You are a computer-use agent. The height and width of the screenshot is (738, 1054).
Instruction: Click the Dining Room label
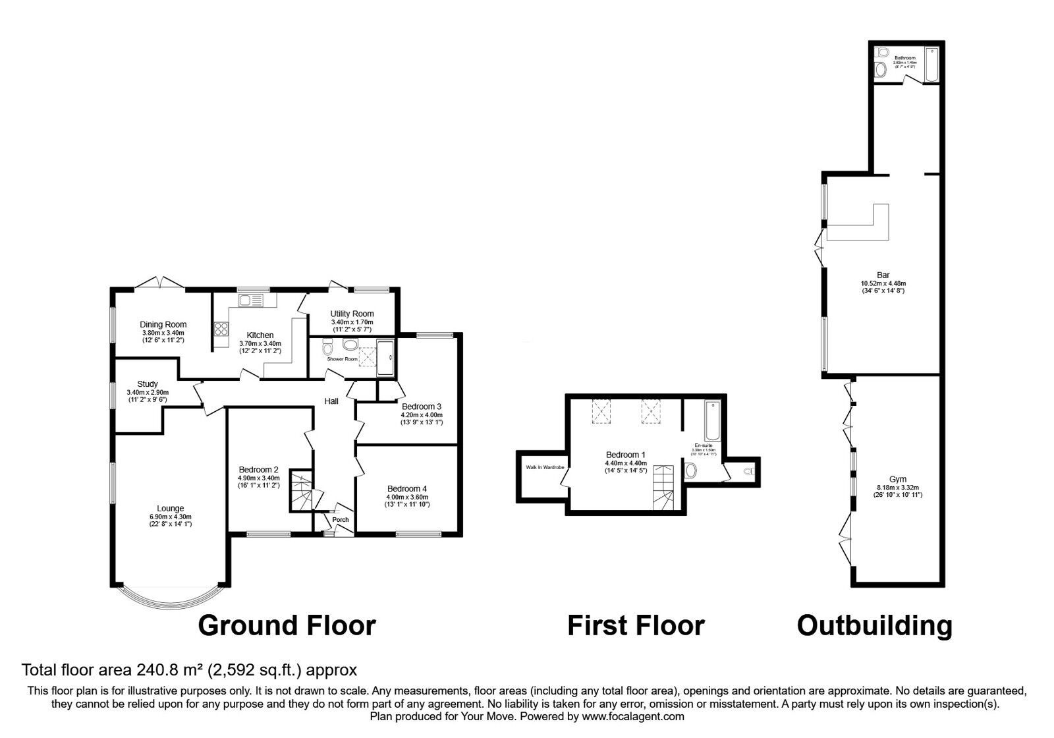[163, 324]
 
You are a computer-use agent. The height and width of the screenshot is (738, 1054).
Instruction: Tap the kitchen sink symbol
[251, 300]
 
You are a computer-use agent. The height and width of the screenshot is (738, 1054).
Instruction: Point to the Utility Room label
[352, 314]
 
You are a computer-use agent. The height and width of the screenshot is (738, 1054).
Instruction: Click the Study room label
[148, 384]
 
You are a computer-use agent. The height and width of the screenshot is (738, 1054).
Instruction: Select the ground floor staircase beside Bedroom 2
[300, 490]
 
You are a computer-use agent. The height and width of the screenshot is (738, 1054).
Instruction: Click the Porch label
[341, 520]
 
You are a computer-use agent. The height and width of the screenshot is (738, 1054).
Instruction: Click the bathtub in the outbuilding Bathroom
[931, 65]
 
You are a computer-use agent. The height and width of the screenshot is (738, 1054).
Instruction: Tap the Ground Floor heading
[287, 625]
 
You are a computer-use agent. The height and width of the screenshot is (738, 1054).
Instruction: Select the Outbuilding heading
[874, 625]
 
